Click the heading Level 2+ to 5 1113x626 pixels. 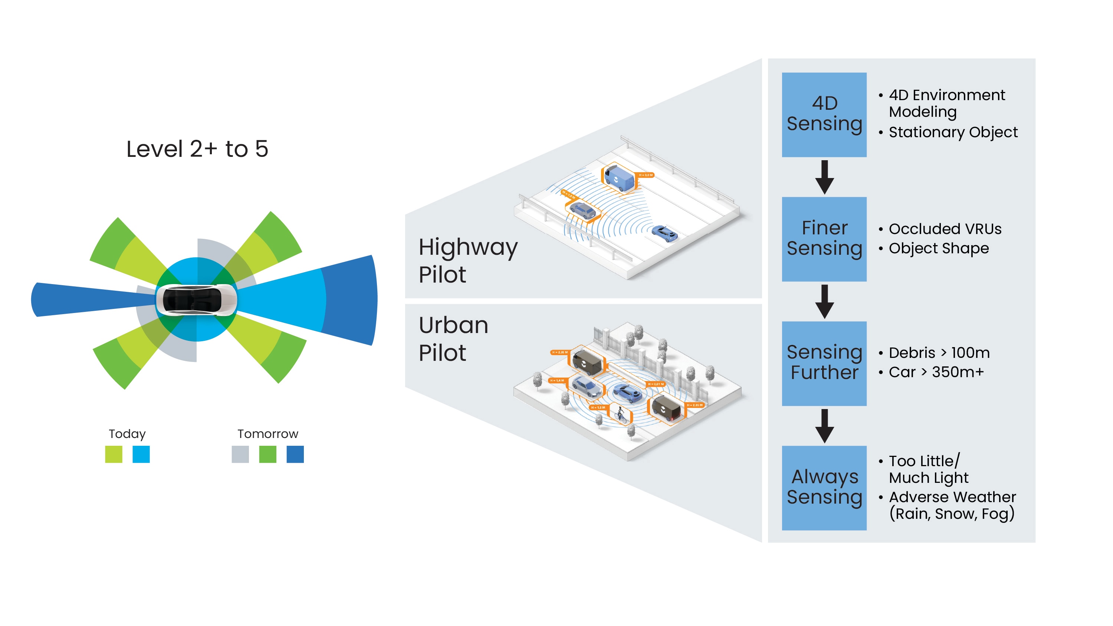(197, 149)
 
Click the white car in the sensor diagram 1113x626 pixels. (196, 299)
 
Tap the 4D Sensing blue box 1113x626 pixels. (824, 115)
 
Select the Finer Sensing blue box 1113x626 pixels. (824, 239)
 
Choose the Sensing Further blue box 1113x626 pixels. (824, 363)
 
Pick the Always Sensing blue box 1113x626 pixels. (824, 488)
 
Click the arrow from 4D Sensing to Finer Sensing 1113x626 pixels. (824, 177)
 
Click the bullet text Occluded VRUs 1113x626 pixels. (945, 229)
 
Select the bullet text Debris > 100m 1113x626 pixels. (939, 353)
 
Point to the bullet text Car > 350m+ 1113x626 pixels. (936, 372)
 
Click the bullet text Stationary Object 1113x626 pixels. (953, 132)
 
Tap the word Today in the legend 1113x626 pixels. (127, 434)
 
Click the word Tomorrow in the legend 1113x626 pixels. (267, 434)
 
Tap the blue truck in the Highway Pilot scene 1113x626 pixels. (619, 177)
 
